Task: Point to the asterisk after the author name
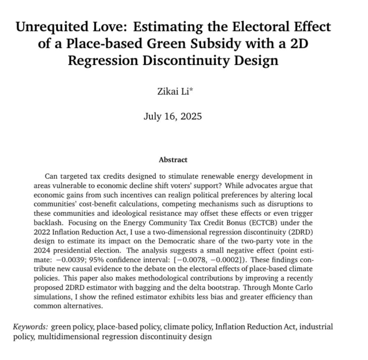(188, 91)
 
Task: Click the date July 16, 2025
(173, 116)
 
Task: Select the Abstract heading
(173, 160)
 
